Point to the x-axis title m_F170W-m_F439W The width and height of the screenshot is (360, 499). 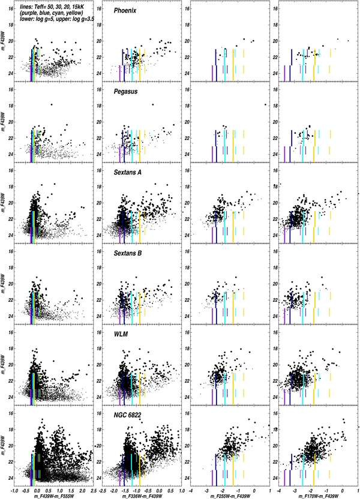click(x=315, y=495)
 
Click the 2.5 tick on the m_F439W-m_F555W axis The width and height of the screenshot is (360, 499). click(x=88, y=489)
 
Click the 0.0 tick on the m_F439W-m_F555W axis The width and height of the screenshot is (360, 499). click(x=37, y=489)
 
